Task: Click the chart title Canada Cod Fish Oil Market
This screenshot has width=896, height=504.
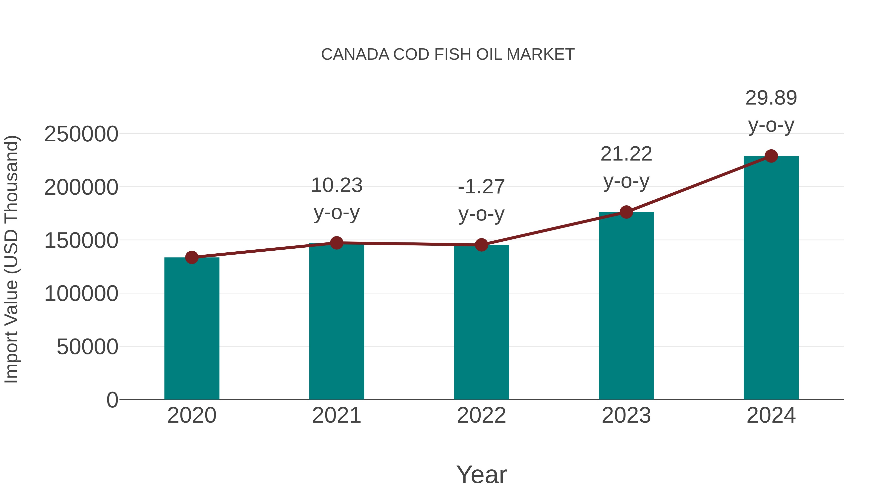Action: tap(448, 55)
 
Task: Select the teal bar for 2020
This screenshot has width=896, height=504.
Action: tap(192, 329)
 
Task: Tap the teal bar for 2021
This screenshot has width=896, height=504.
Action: tap(336, 322)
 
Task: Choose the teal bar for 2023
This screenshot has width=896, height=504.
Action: tap(626, 306)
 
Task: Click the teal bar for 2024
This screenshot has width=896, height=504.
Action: tap(771, 278)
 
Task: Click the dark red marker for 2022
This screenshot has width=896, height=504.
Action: tap(481, 245)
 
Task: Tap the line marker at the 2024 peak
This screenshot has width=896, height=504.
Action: tap(771, 156)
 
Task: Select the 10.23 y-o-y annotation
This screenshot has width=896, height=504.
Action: tap(336, 199)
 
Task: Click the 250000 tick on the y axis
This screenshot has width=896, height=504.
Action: tap(81, 134)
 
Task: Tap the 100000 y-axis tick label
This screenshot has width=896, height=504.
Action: tap(81, 294)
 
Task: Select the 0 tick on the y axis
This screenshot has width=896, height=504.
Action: tap(112, 400)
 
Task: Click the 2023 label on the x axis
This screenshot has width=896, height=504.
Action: tap(626, 415)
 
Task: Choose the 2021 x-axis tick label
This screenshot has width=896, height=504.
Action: tap(336, 415)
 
